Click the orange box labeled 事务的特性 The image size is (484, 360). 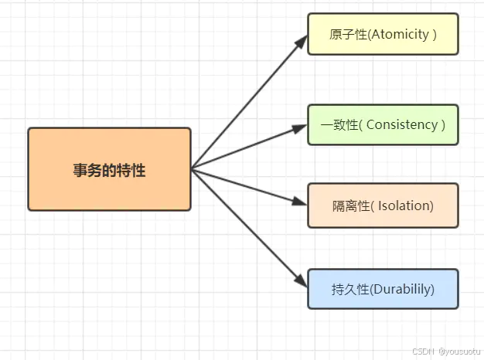pyautogui.click(x=109, y=169)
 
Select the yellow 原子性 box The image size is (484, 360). pyautogui.click(x=383, y=34)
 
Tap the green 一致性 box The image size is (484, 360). pyautogui.click(x=383, y=124)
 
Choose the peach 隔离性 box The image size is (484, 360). pyautogui.click(x=383, y=205)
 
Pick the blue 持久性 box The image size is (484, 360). pyautogui.click(x=383, y=289)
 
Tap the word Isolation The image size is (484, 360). pyautogui.click(x=402, y=206)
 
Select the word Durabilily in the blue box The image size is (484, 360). pyautogui.click(x=402, y=290)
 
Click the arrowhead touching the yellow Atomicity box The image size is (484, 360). pyautogui.click(x=302, y=40)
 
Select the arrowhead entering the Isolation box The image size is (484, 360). pyautogui.click(x=301, y=202)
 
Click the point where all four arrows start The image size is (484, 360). pyautogui.click(x=192, y=168)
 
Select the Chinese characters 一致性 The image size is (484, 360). pyautogui.click(x=338, y=125)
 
